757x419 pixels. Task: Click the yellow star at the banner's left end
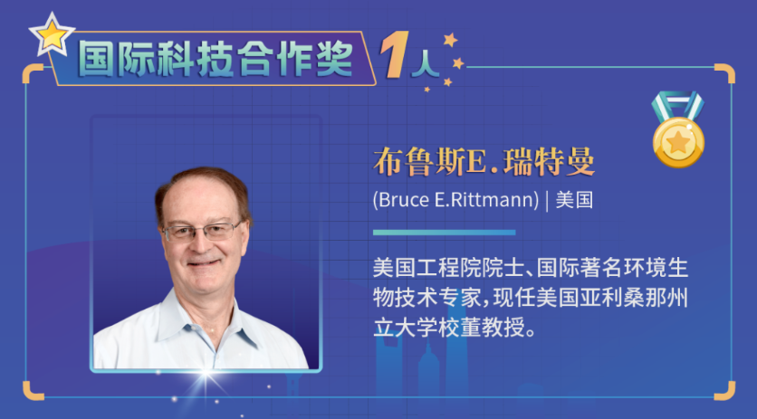tap(52, 34)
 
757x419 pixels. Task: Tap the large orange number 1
tap(395, 54)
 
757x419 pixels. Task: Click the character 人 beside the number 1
tap(425, 63)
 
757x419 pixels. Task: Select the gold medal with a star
tap(678, 142)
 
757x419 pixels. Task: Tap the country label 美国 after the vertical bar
tap(574, 200)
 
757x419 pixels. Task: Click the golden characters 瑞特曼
tap(549, 162)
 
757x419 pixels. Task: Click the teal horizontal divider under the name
tap(445, 233)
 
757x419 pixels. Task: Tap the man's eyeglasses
tap(202, 232)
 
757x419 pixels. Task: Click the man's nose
tap(201, 244)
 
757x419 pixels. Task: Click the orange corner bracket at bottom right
tap(724, 391)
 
